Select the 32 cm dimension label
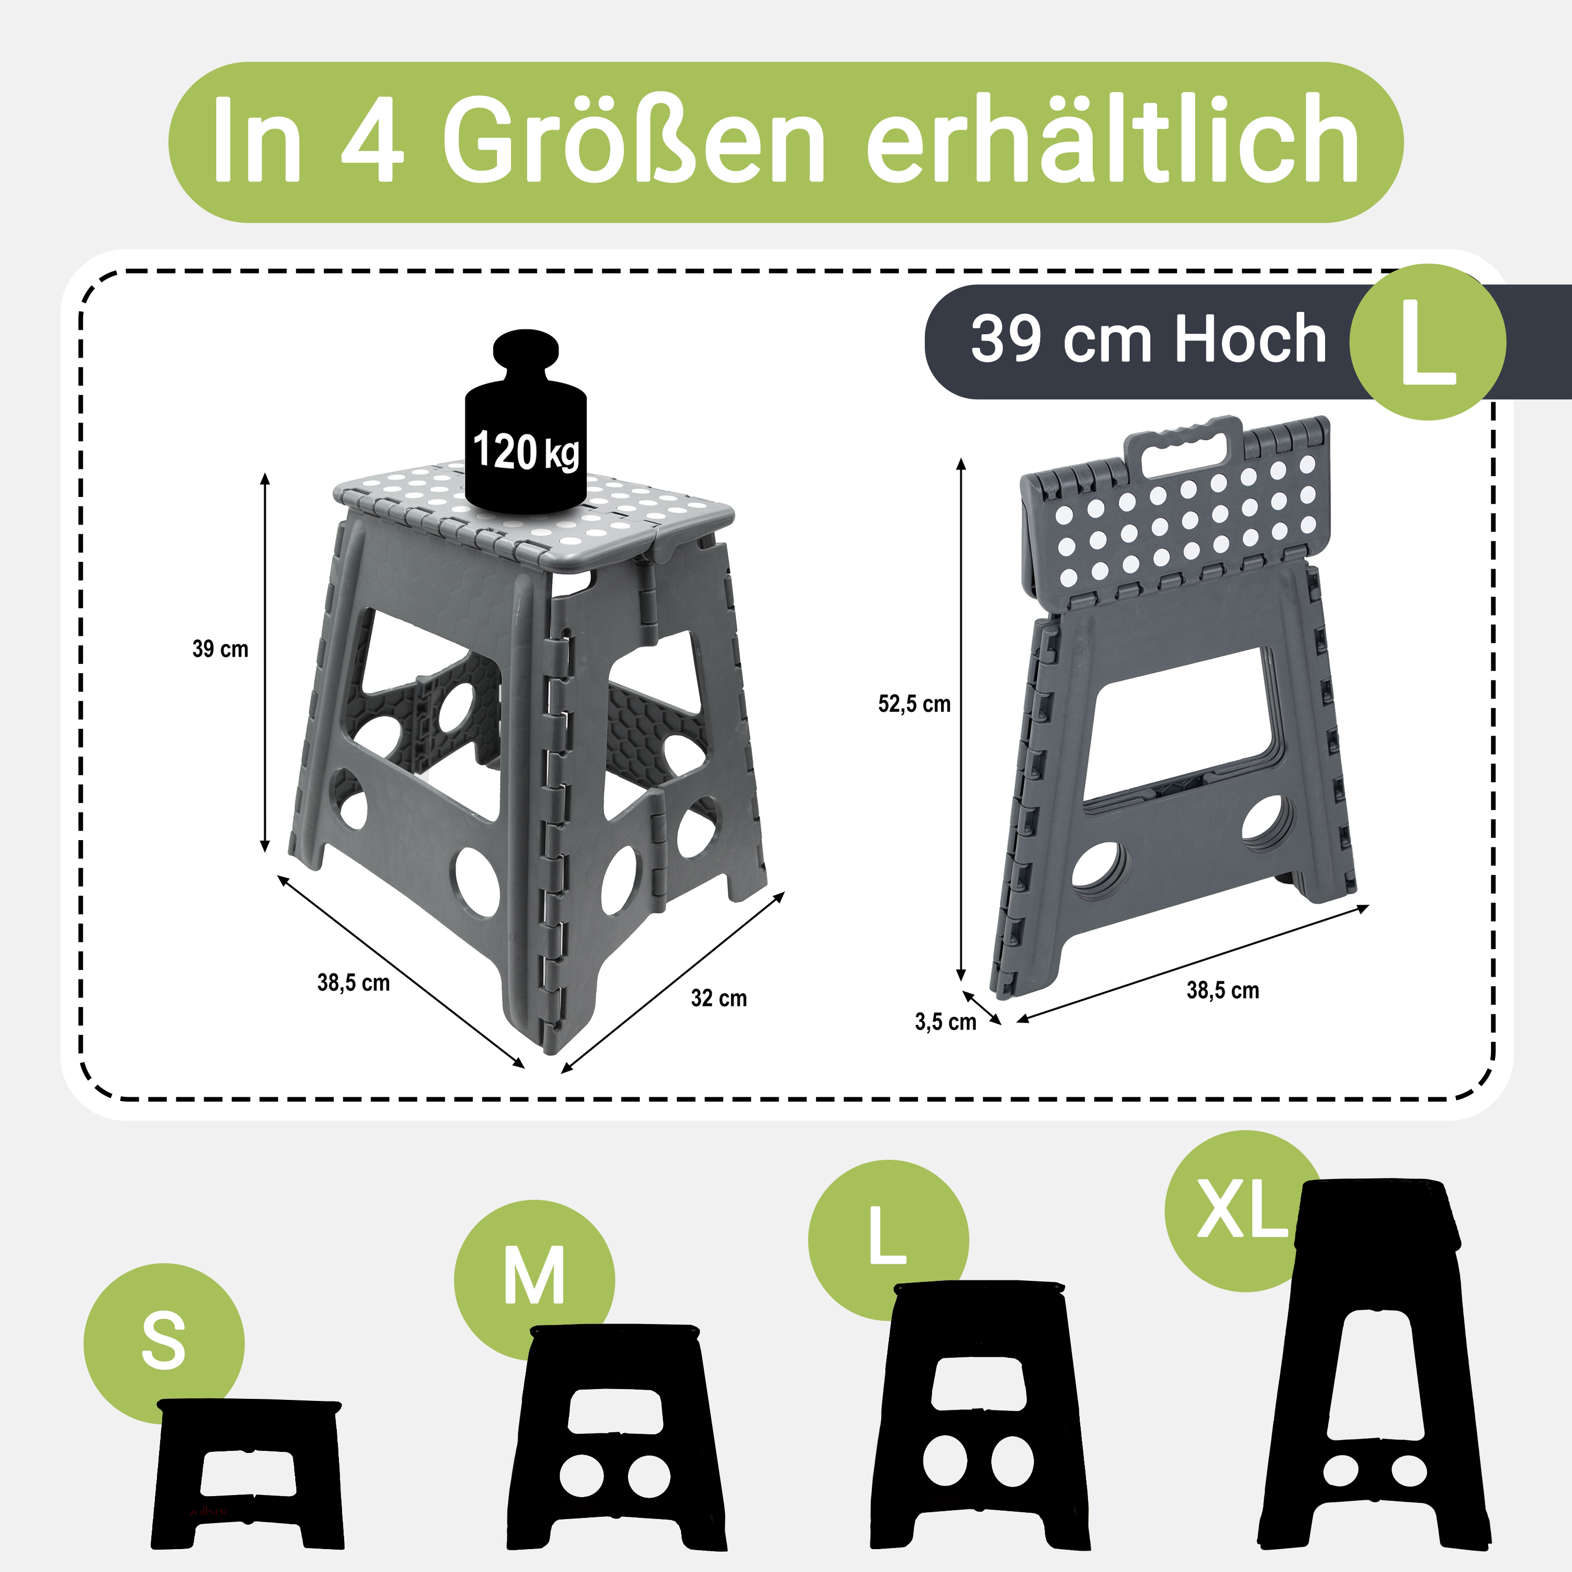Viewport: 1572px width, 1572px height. point(718,999)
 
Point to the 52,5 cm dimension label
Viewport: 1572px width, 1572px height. point(914,704)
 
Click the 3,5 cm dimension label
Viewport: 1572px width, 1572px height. point(945,1022)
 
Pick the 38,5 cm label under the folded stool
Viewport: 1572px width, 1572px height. point(1222,990)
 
